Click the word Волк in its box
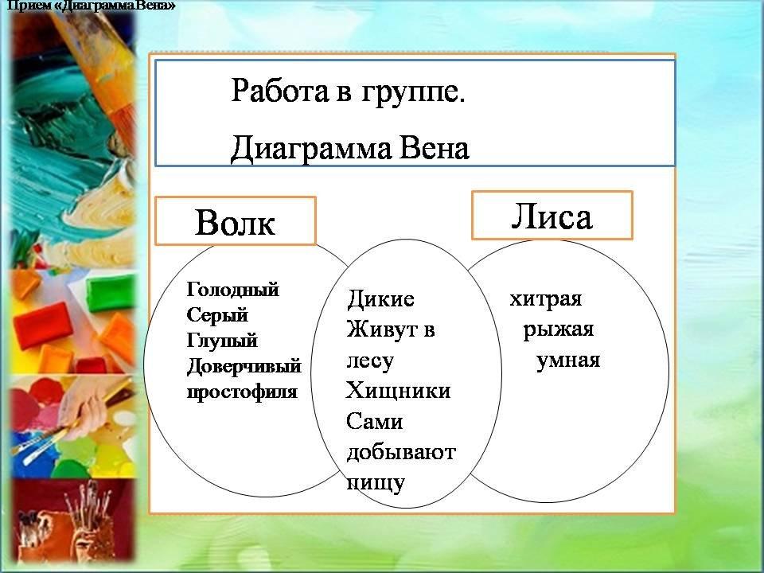235,222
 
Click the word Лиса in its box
552,216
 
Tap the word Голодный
233,290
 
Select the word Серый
217,315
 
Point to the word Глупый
222,341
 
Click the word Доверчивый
244,366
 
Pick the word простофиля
242,392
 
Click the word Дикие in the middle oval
380,298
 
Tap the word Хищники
398,391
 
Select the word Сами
375,422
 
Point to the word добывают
401,453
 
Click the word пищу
376,483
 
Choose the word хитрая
546,299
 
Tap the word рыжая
559,330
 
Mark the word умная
568,361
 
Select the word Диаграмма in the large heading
310,149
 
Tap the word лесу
370,361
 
